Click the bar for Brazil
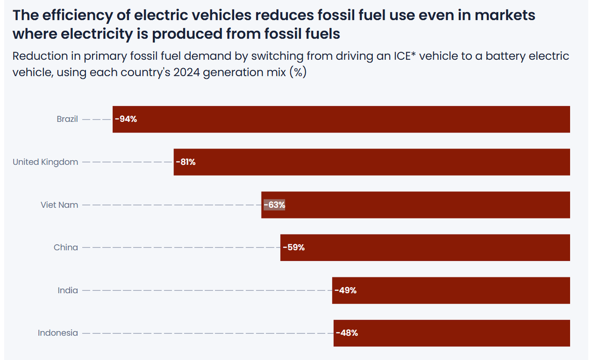pos(341,119)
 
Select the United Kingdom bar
pos(372,162)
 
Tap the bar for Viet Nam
pos(416,205)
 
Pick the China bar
pos(425,248)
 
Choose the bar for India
pos(451,290)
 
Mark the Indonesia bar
pos(452,333)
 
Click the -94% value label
pos(126,119)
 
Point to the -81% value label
pos(186,162)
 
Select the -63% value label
pos(274,205)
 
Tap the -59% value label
pos(294,248)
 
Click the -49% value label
pos(345,290)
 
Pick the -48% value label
pos(347,333)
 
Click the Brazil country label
pos(67,119)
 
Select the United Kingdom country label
pos(46,162)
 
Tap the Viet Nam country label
pos(60,205)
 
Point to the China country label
pos(66,248)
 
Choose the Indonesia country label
pos(58,333)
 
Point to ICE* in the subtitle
pos(403,56)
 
